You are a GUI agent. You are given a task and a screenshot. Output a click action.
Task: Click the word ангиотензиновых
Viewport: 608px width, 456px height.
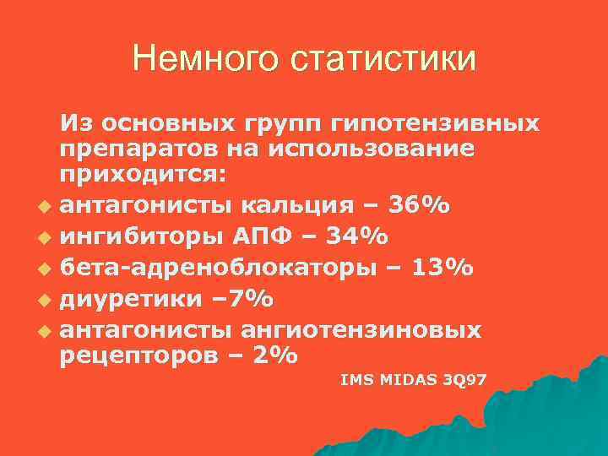tap(361, 329)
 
